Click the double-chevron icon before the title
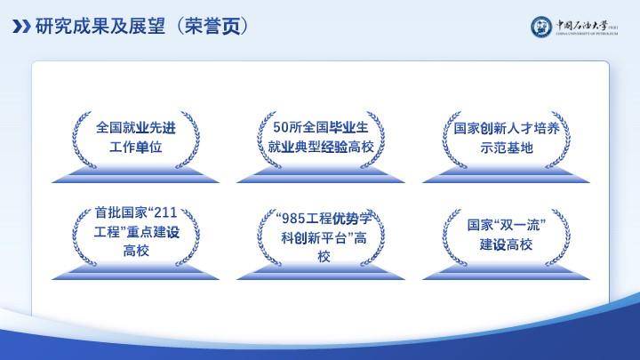pyautogui.click(x=21, y=27)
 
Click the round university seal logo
pyautogui.click(x=541, y=27)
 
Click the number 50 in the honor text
pyautogui.click(x=280, y=127)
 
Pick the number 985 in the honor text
pyautogui.click(x=294, y=219)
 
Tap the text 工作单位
pyautogui.click(x=136, y=147)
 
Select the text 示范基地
pyautogui.click(x=507, y=148)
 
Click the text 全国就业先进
pyautogui.click(x=136, y=128)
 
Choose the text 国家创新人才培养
pyautogui.click(x=507, y=129)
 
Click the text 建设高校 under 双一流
pyautogui.click(x=506, y=244)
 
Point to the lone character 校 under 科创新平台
pyautogui.click(x=324, y=257)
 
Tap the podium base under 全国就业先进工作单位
pyautogui.click(x=135, y=175)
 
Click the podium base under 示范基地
pyautogui.click(x=506, y=175)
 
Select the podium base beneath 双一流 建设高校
pyautogui.click(x=506, y=272)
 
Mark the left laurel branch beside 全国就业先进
pyautogui.click(x=81, y=140)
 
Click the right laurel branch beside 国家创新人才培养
pyautogui.click(x=559, y=140)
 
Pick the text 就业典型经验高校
pyautogui.click(x=321, y=147)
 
